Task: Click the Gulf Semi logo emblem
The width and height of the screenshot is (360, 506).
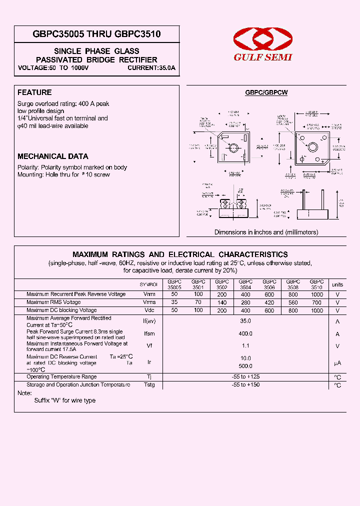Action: click(x=263, y=39)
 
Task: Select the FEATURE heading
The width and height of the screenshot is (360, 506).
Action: click(x=34, y=92)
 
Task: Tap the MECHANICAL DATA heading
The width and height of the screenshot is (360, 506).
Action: click(x=53, y=156)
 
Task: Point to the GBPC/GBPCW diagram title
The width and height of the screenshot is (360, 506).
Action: click(x=266, y=92)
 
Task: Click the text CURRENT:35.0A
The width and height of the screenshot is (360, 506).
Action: click(x=151, y=67)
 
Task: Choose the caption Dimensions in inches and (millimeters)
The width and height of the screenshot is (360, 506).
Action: click(x=266, y=232)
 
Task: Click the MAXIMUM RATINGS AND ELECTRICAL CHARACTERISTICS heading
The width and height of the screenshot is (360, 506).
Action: click(x=180, y=254)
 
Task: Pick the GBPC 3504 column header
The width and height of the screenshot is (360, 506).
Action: click(x=245, y=284)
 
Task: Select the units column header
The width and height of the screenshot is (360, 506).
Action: click(x=337, y=284)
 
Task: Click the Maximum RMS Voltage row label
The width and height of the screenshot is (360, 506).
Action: click(x=53, y=302)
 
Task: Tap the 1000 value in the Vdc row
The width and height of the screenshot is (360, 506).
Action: click(x=317, y=310)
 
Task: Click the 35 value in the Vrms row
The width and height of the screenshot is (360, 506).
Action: click(x=174, y=302)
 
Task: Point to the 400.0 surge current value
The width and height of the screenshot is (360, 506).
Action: click(x=245, y=333)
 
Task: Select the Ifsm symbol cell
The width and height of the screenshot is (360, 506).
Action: click(x=149, y=333)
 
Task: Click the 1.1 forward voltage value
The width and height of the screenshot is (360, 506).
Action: click(x=245, y=346)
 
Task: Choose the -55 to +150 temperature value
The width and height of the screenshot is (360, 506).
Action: click(x=245, y=385)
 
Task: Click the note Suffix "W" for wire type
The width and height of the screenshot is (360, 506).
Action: click(x=64, y=400)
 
